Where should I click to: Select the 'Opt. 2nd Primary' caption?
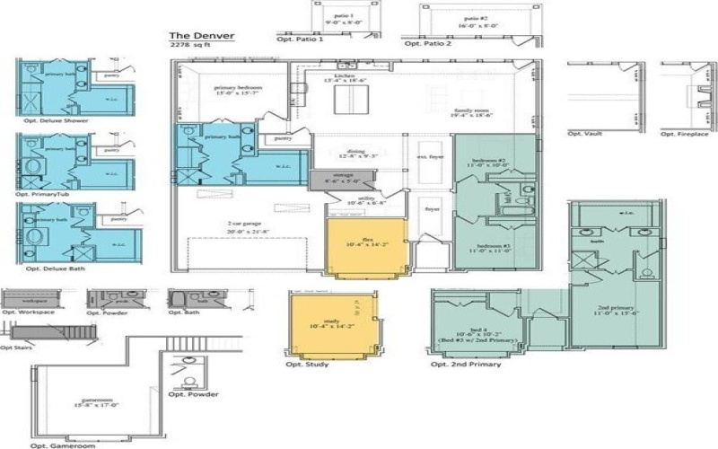tap(465, 365)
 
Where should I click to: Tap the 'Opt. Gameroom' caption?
tap(62, 445)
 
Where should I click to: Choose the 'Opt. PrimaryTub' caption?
tap(48, 194)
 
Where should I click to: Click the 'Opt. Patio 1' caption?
tap(301, 41)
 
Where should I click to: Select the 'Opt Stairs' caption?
tap(18, 347)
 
